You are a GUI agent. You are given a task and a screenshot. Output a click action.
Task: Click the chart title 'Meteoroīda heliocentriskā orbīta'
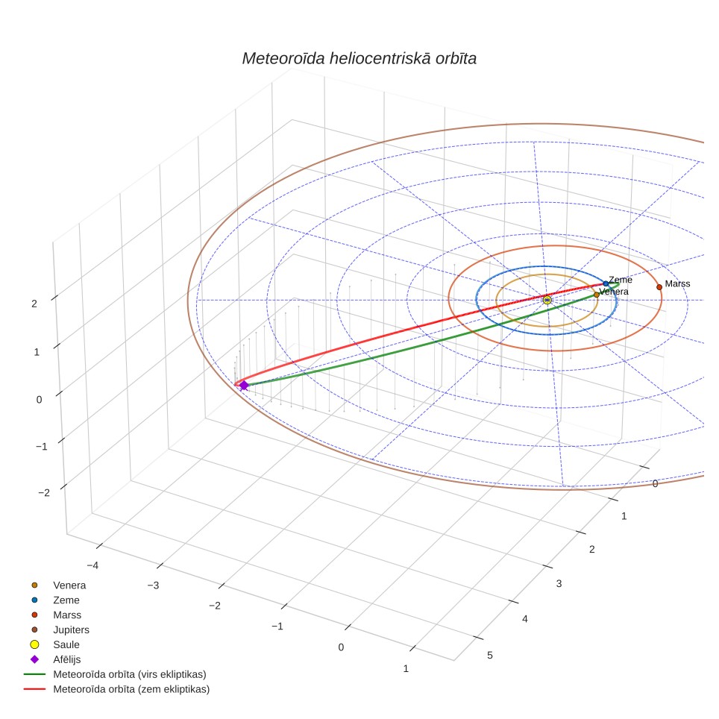(359, 59)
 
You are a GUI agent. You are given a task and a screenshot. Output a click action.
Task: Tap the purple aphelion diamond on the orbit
(244, 386)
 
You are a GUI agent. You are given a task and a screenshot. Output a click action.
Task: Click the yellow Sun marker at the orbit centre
(547, 301)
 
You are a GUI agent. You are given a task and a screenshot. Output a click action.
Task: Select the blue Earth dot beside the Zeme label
(606, 284)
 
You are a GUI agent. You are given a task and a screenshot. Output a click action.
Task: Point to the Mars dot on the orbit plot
(659, 287)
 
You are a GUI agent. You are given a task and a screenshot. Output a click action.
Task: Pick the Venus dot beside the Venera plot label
(597, 295)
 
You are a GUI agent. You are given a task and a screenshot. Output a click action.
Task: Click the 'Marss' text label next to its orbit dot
(677, 284)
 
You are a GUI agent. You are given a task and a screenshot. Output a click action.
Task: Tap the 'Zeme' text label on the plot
(621, 280)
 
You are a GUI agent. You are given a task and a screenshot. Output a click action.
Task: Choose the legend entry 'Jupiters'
(71, 630)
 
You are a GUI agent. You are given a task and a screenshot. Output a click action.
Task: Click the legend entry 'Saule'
(66, 644)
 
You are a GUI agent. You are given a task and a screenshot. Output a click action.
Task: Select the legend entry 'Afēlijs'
(67, 659)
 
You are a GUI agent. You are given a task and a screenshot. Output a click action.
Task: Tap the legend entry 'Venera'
(69, 585)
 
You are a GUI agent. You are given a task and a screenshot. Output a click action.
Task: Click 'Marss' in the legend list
(67, 615)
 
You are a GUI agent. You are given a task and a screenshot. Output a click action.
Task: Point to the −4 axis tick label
(92, 565)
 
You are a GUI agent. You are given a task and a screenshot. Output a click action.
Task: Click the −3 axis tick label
(153, 585)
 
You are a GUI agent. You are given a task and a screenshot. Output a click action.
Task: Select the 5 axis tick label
(490, 656)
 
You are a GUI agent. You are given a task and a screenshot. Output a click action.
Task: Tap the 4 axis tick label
(525, 619)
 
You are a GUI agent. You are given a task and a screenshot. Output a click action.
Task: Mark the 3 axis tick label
(559, 584)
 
